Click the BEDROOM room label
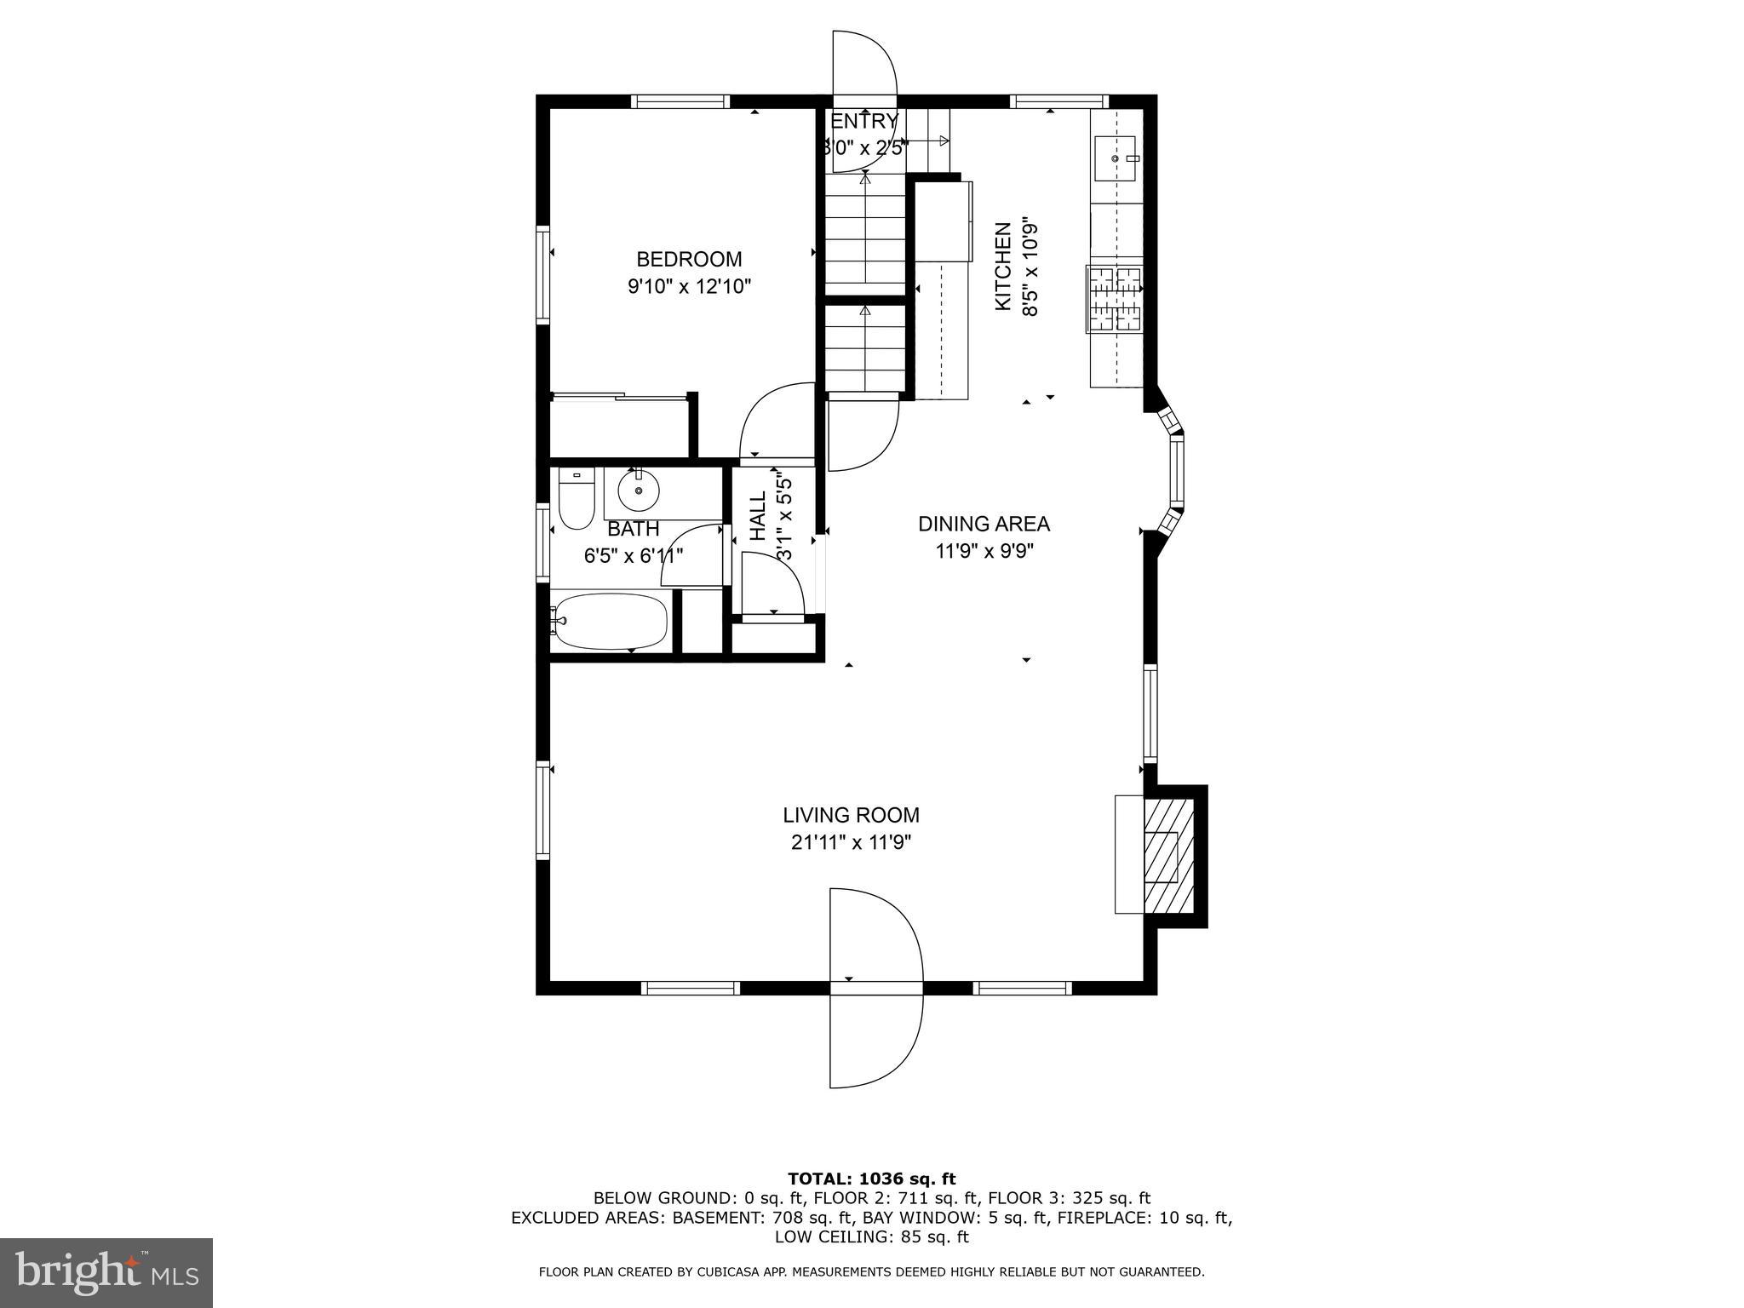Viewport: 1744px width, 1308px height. coord(689,259)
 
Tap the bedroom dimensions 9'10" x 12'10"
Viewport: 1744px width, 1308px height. coord(689,286)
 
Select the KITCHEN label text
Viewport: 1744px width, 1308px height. coord(1003,266)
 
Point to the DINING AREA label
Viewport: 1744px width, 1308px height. coord(984,524)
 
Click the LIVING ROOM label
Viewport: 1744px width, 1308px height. coord(851,815)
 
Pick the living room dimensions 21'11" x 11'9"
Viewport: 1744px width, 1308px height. coord(851,843)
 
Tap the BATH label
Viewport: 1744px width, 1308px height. coord(633,529)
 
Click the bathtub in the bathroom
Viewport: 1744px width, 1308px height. coord(610,621)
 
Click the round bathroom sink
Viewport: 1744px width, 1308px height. coord(638,491)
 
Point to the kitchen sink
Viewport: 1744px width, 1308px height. coord(1115,158)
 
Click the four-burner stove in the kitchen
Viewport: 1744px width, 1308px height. coord(1115,298)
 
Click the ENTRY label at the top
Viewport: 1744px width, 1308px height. coord(863,121)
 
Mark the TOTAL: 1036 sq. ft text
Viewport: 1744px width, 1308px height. coord(871,1179)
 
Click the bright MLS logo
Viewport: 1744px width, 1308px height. coord(106,1272)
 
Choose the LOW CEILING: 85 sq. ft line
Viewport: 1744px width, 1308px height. coord(871,1236)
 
